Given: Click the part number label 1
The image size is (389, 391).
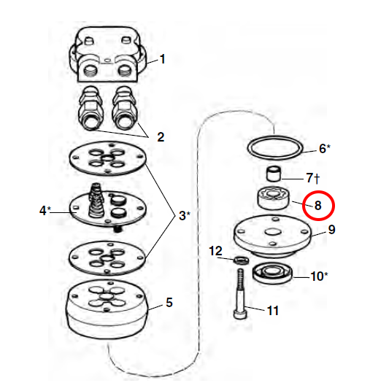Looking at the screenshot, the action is point(163,59).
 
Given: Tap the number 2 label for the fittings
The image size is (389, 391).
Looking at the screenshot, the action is point(161,137).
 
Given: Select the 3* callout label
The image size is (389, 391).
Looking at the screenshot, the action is point(185,215).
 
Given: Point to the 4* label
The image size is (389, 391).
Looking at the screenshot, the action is point(45,211).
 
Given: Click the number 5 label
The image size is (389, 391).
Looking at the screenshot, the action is point(169,303).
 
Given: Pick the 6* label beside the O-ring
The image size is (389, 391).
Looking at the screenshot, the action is point(325,149).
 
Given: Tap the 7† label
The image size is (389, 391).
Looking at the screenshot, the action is point(313,178).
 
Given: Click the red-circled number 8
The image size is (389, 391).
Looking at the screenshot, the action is point(318,206).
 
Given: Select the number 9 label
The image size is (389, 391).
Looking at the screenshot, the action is point(331,229).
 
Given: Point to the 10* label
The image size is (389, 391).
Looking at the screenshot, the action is point(319,276).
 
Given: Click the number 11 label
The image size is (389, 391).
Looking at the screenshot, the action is point(273,311).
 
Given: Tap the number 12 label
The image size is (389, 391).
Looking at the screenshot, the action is point(215,251).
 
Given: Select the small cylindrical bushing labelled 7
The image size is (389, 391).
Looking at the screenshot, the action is point(274,174).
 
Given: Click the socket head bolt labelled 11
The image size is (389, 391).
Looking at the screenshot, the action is point(241,294).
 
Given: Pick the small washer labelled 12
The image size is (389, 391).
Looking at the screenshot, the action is point(242,260).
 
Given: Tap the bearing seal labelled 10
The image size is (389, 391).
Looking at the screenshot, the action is point(272,274).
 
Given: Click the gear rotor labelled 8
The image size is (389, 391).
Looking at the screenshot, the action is point(274,198).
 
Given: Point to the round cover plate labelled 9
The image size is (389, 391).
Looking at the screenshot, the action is point(272,235).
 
